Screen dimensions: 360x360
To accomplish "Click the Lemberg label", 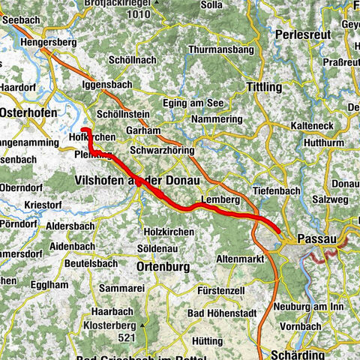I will point(220,200).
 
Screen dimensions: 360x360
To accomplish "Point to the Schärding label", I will point(298,354).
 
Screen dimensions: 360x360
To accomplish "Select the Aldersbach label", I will point(71,225).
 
